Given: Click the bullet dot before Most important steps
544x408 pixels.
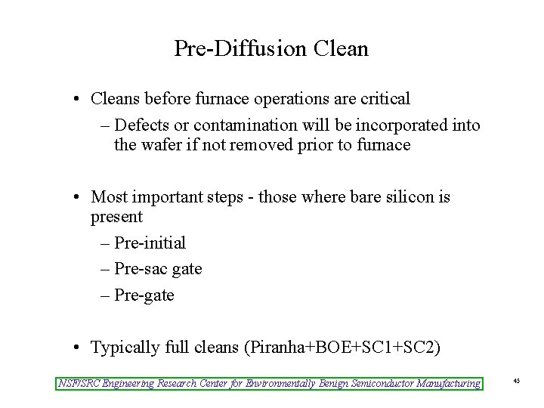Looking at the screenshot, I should coord(79,198).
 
